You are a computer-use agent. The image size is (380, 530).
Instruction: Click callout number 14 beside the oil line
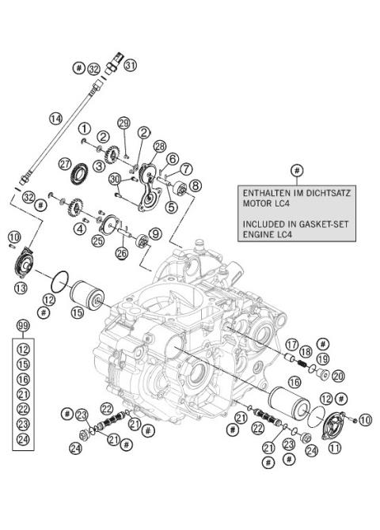tap(55, 119)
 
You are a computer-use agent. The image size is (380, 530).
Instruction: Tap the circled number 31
tap(131, 64)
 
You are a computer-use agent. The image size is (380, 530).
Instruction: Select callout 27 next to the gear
tap(65, 163)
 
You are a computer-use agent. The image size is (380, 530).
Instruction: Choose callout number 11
tap(336, 448)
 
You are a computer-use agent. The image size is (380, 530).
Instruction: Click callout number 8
tap(196, 185)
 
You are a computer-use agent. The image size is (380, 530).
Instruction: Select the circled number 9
tap(155, 233)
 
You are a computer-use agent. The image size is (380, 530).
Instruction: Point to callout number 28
tap(160, 146)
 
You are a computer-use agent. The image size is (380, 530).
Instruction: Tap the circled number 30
tap(115, 180)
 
